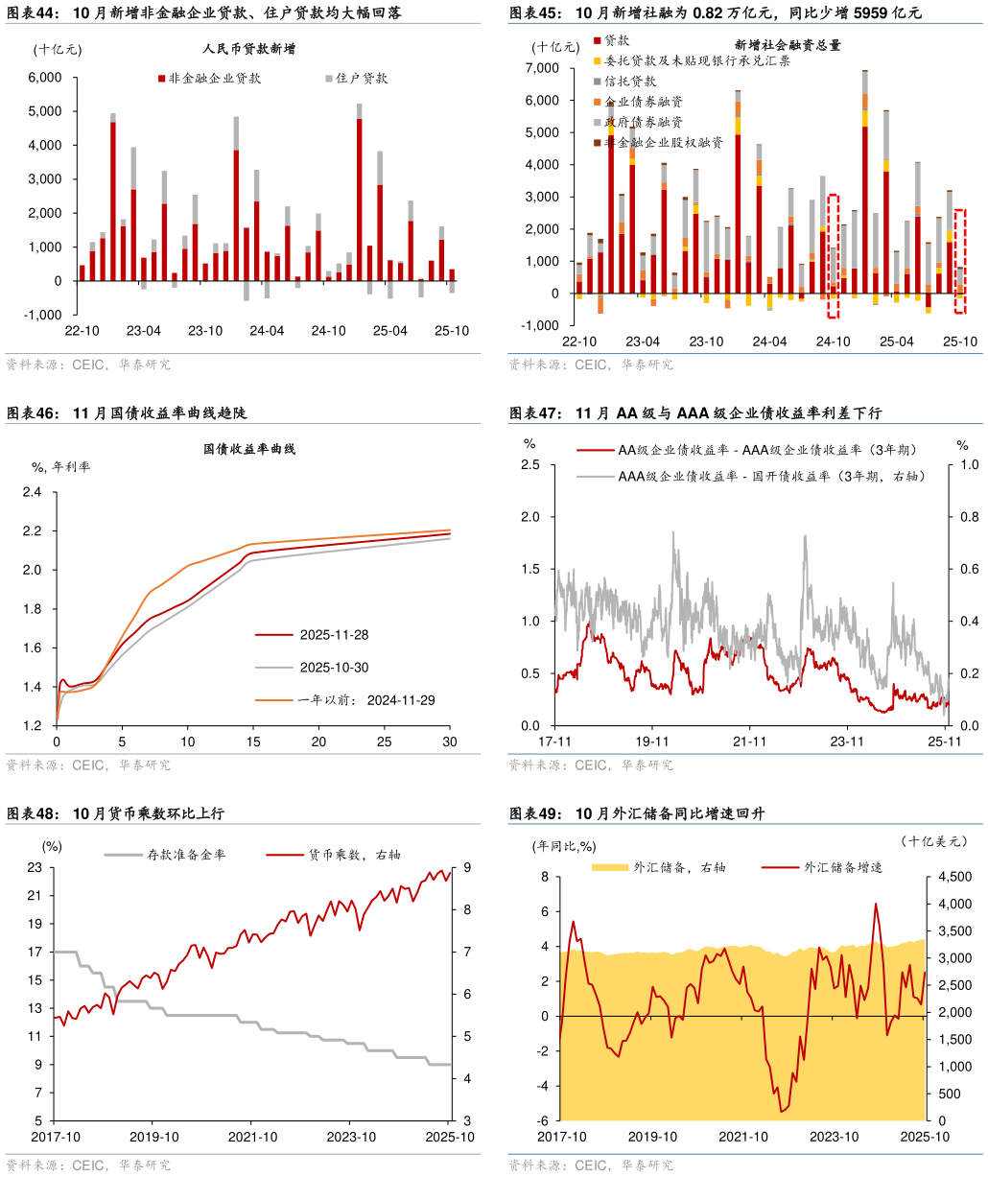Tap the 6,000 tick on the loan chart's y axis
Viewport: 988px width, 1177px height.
44,78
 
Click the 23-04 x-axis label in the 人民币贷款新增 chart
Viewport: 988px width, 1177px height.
143,331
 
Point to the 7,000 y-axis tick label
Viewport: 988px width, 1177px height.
543,68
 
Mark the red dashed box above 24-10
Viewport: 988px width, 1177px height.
833,255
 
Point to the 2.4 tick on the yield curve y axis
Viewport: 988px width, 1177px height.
33,492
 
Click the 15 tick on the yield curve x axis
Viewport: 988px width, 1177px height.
252,742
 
